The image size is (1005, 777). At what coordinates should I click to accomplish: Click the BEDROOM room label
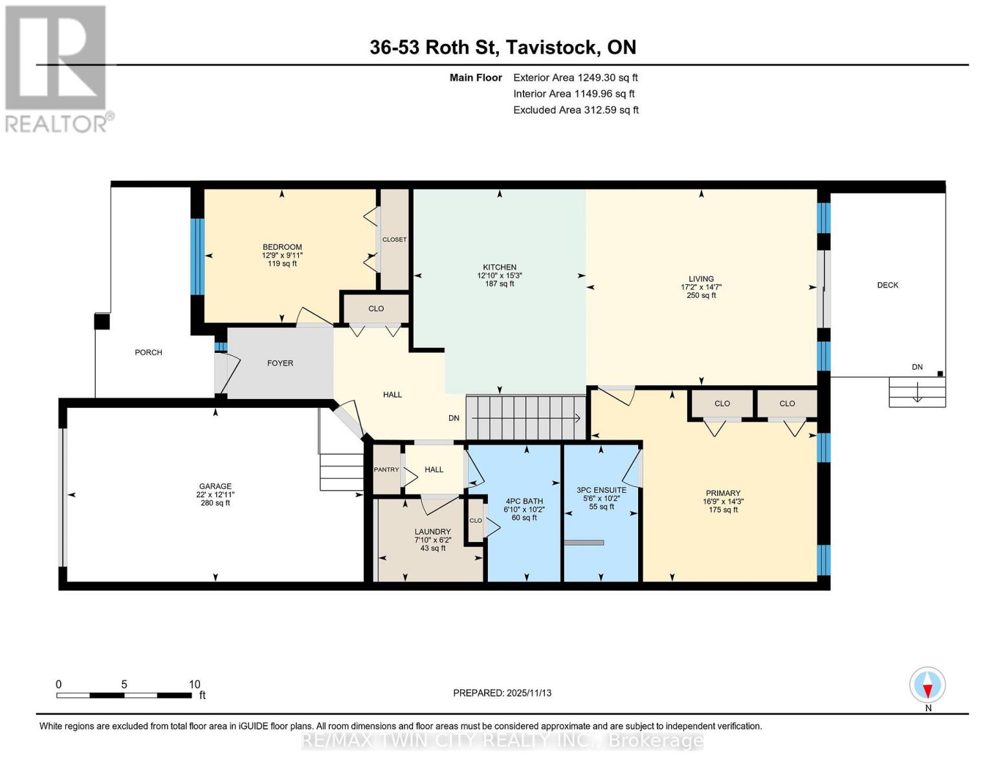[282, 247]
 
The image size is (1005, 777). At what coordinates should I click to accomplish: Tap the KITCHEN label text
[500, 267]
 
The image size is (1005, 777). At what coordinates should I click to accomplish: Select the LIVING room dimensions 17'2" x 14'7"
[701, 287]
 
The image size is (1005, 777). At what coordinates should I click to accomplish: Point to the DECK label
[887, 285]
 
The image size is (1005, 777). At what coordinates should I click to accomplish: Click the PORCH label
[148, 352]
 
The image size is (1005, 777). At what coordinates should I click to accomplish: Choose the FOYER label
[280, 363]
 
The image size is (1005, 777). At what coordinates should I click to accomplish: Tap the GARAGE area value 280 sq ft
[215, 503]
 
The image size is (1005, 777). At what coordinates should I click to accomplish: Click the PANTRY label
[386, 469]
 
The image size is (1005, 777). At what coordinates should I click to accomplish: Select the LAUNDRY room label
[433, 532]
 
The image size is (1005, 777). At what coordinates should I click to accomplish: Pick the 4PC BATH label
[524, 501]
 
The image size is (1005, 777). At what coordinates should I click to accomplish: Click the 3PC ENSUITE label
[601, 490]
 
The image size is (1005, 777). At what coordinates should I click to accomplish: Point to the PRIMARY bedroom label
[723, 493]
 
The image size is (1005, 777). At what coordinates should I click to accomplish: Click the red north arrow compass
[927, 685]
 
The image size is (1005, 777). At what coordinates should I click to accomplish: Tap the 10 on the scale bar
[195, 684]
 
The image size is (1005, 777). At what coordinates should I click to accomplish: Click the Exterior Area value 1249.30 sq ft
[608, 78]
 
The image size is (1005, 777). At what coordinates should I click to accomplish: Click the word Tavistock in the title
[551, 47]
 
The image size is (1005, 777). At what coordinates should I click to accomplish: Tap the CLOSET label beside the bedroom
[395, 240]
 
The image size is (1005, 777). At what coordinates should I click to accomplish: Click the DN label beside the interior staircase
[454, 418]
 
